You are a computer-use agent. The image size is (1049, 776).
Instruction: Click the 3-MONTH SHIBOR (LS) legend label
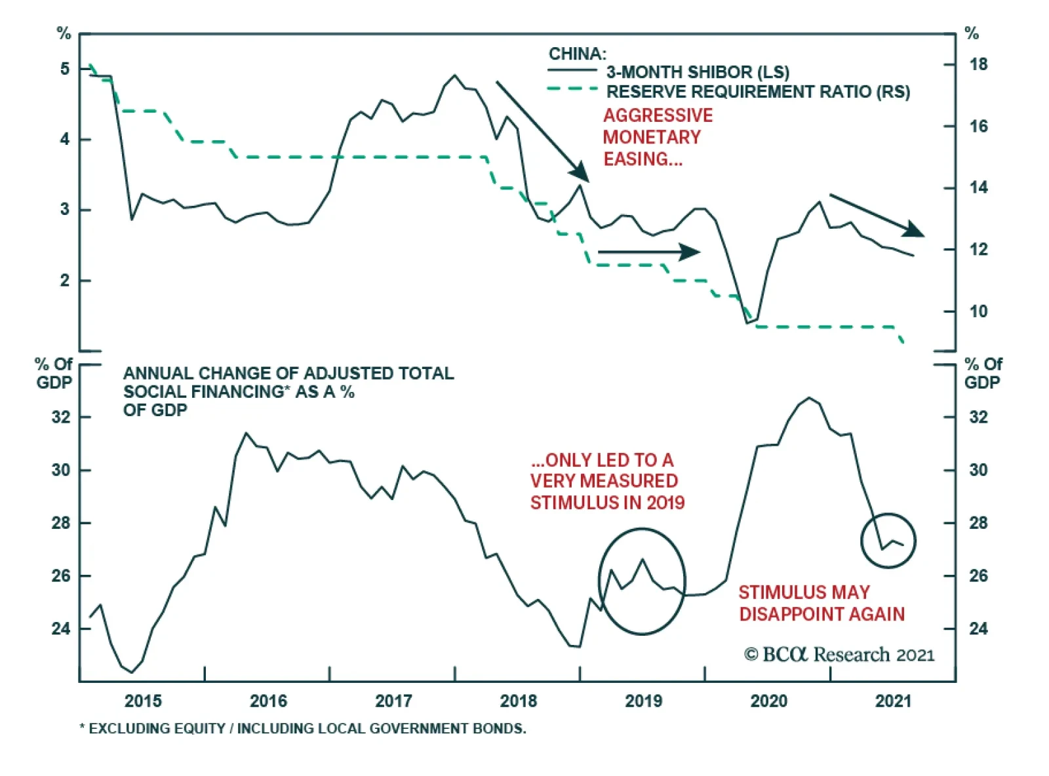[x=698, y=72]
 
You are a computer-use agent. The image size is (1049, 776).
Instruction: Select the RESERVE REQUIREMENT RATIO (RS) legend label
[x=758, y=92]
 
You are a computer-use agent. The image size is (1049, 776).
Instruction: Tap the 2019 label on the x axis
[x=643, y=701]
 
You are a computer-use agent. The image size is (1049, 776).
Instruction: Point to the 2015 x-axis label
[x=143, y=701]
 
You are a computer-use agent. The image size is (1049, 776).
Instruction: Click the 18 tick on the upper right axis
[x=978, y=64]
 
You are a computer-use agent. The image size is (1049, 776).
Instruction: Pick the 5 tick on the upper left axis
[x=64, y=69]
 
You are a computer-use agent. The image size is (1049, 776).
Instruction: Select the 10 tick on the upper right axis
[x=978, y=311]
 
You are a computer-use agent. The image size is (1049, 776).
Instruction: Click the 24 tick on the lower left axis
[x=61, y=629]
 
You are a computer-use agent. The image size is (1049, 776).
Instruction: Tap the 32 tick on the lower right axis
[x=978, y=417]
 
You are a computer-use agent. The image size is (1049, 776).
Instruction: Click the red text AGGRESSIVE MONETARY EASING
[x=658, y=137]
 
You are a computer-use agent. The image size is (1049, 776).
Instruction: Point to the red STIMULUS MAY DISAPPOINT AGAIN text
[x=821, y=603]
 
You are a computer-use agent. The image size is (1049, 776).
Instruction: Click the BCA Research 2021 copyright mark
[x=839, y=654]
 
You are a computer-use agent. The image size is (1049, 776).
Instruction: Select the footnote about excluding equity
[x=302, y=728]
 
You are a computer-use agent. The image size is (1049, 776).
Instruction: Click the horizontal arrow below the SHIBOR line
[x=648, y=252]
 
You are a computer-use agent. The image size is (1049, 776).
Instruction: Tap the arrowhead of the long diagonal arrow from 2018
[x=580, y=172]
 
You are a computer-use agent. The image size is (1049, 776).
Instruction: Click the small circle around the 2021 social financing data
[x=888, y=540]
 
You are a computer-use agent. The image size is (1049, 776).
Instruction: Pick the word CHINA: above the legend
[x=578, y=54]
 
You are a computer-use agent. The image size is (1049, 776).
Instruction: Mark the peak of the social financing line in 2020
[x=809, y=398]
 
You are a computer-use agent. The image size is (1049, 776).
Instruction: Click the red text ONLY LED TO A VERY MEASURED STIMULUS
[x=607, y=481]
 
